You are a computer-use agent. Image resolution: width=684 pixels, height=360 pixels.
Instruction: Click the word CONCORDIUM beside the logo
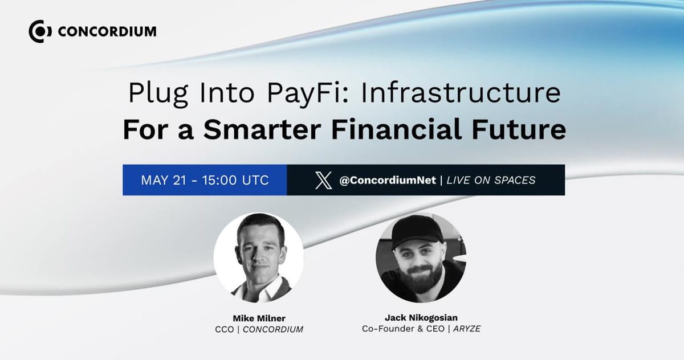pyautogui.click(x=107, y=31)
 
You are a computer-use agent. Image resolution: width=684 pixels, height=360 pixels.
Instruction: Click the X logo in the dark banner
pyautogui.click(x=323, y=181)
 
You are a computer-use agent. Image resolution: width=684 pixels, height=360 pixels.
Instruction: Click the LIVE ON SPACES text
pyautogui.click(x=491, y=181)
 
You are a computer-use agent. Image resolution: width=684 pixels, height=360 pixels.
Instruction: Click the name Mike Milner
pyautogui.click(x=258, y=318)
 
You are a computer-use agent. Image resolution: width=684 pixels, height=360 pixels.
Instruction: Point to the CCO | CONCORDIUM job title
pyautogui.click(x=258, y=329)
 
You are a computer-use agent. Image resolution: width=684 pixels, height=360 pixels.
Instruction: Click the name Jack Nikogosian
pyautogui.click(x=421, y=318)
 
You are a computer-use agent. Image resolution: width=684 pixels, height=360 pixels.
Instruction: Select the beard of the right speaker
pyautogui.click(x=421, y=274)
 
